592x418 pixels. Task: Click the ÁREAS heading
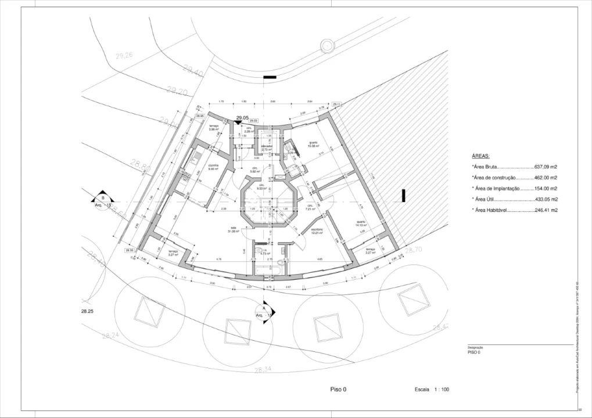click(481, 156)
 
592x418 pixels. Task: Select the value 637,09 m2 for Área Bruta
click(546, 167)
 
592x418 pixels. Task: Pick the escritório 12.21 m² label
click(317, 231)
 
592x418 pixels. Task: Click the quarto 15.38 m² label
click(313, 144)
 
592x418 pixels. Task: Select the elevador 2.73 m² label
click(267, 147)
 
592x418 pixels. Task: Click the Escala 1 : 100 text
click(432, 390)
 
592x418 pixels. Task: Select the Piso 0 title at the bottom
click(338, 390)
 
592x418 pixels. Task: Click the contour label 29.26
click(124, 56)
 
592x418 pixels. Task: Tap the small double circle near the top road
click(327, 45)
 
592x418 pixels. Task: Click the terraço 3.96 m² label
click(213, 127)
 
